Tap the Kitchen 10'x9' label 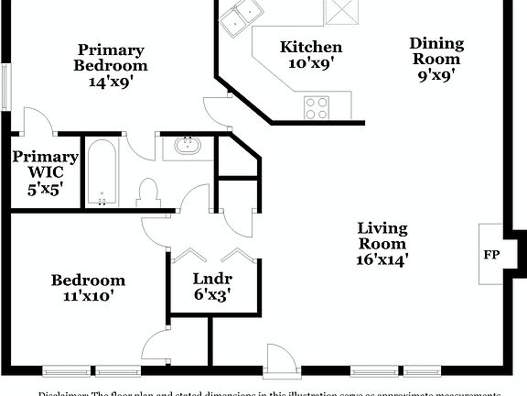tap(311, 55)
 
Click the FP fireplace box tap(491, 254)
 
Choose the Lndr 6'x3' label tap(211, 286)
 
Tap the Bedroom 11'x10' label tap(88, 288)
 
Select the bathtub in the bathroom tap(102, 172)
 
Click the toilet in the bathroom tap(148, 192)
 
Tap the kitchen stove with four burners tap(317, 107)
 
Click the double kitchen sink tap(241, 16)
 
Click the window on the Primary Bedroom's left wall tap(5, 87)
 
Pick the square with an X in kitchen tap(343, 11)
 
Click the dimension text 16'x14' tap(382, 259)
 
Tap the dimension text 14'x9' tap(111, 82)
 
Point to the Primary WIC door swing tap(38, 122)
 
